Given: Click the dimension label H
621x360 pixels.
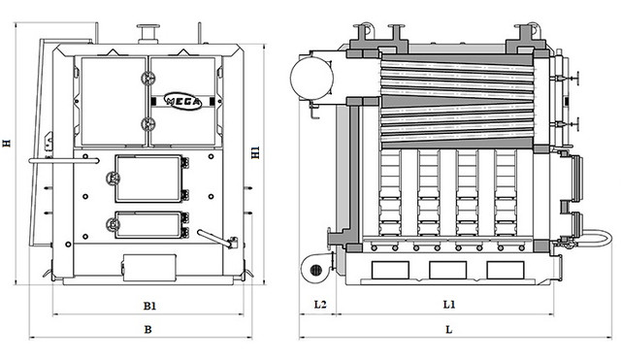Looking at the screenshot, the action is [x=7, y=143].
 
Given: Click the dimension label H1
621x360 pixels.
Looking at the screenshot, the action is [x=256, y=153].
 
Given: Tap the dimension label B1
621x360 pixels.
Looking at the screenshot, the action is [x=149, y=306].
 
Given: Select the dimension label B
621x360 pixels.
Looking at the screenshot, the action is [x=147, y=330].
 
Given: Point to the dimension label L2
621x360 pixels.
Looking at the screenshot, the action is [x=320, y=305].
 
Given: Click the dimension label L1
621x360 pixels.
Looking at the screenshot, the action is [x=449, y=305].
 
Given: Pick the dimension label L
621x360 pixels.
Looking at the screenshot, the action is [x=448, y=330].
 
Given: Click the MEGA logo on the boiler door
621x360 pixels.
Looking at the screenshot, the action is [x=183, y=101].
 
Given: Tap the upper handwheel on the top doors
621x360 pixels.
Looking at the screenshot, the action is [x=148, y=79].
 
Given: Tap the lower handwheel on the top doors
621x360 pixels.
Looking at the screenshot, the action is [x=148, y=124].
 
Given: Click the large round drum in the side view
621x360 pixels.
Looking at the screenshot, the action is [x=311, y=78].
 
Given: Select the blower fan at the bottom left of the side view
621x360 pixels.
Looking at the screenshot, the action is [x=317, y=269].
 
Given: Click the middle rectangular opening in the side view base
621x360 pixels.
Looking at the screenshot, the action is [x=448, y=270].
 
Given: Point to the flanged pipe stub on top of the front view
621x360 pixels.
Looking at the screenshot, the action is [x=148, y=34].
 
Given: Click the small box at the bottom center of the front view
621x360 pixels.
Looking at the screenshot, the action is [x=149, y=267].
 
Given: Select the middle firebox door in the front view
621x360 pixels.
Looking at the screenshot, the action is [x=148, y=179].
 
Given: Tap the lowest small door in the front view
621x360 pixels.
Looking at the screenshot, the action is [x=148, y=225].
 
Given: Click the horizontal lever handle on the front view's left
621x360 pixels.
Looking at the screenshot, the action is [x=64, y=161].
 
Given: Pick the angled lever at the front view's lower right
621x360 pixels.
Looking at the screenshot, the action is [x=216, y=239].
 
